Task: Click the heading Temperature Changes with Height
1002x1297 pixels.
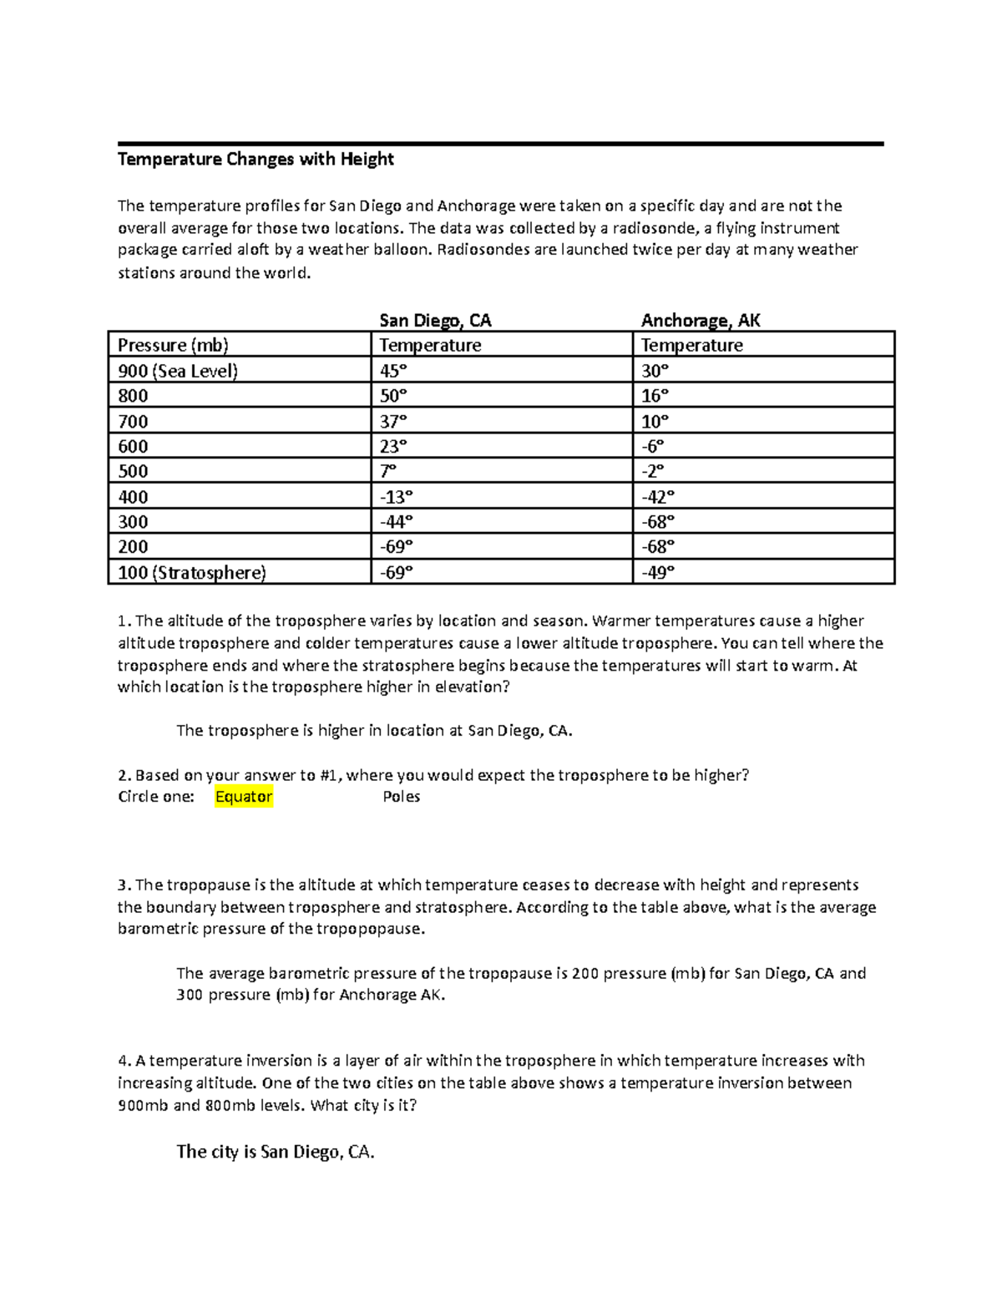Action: (256, 160)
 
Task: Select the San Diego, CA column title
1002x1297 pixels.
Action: (435, 321)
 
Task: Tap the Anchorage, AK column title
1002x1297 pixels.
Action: (700, 321)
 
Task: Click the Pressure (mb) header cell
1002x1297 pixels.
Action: (173, 345)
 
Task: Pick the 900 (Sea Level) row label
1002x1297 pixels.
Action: (177, 371)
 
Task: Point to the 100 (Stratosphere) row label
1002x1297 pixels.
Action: (191, 573)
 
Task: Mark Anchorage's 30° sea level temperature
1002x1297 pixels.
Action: (655, 371)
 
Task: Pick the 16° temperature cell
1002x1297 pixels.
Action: (655, 396)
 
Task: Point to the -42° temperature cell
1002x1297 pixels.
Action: (658, 497)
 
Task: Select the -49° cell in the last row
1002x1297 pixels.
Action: (658, 573)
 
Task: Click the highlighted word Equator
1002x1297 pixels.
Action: (244, 797)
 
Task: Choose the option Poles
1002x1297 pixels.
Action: (401, 797)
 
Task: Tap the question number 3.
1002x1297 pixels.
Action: (122, 885)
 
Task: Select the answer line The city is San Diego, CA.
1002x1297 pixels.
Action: (276, 1153)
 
